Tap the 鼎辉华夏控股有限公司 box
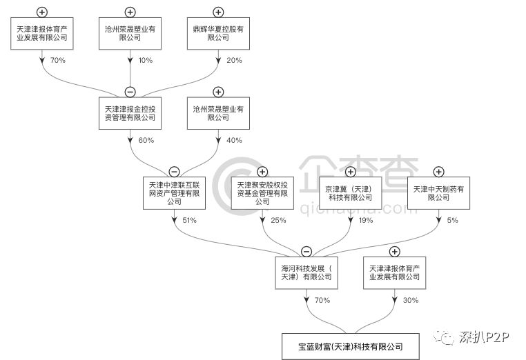(x=218, y=33)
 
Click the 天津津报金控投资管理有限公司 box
(x=130, y=113)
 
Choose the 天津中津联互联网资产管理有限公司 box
(x=174, y=194)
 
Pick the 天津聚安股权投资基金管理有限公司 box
(x=262, y=194)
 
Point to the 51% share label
(x=190, y=221)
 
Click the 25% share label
(x=278, y=221)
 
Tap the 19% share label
(x=366, y=221)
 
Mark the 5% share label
(x=453, y=221)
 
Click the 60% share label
(x=146, y=141)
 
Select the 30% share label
(x=411, y=301)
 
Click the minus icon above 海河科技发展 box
(x=306, y=252)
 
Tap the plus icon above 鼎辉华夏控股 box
(x=218, y=12)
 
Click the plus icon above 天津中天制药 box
(x=439, y=171)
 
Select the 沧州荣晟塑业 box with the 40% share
(x=218, y=113)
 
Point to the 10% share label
(x=146, y=61)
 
